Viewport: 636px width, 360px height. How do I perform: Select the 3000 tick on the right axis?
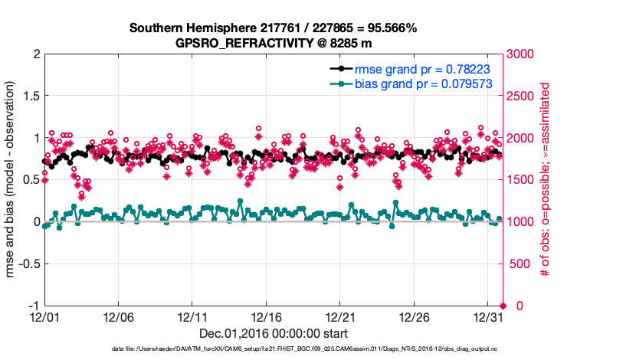(x=521, y=54)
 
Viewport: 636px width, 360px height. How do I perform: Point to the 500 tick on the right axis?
(x=518, y=264)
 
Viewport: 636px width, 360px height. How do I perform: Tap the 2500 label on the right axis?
(x=521, y=97)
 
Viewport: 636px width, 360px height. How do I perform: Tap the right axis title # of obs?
(x=546, y=179)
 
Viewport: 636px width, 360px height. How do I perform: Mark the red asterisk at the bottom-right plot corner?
(x=503, y=306)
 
